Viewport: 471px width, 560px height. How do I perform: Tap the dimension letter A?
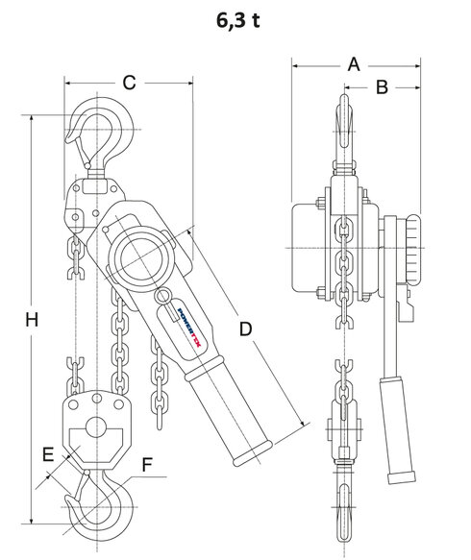pyautogui.click(x=354, y=64)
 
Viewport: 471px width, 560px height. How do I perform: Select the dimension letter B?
pyautogui.click(x=381, y=88)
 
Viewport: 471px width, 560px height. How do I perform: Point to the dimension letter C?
pyautogui.click(x=129, y=83)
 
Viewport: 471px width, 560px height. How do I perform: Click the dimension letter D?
pyautogui.click(x=246, y=329)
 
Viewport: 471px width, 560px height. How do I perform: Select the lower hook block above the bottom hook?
pyautogui.click(x=98, y=426)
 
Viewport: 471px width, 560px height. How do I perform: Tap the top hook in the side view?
pyautogui.click(x=343, y=134)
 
